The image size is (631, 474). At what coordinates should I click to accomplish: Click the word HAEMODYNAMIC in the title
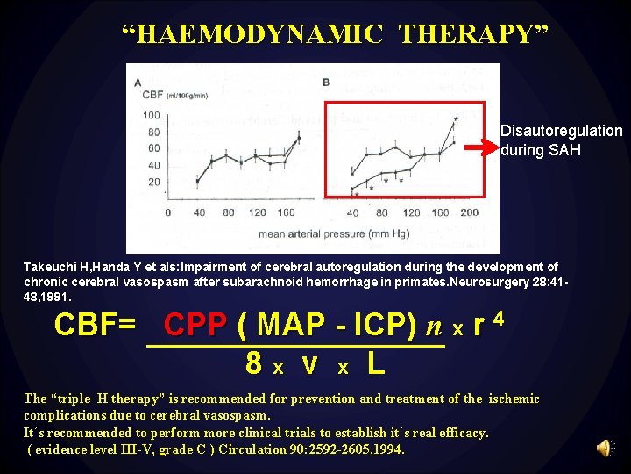[x=260, y=34]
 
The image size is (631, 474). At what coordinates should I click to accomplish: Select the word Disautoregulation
[x=561, y=131]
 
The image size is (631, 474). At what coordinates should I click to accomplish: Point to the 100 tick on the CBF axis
[x=151, y=116]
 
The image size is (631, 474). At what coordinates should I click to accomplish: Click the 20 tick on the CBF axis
[x=154, y=182]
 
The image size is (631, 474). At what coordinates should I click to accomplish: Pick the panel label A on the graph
[x=138, y=83]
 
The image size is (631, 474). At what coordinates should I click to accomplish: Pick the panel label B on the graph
[x=326, y=83]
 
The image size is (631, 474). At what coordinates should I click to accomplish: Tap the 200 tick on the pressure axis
[x=469, y=213]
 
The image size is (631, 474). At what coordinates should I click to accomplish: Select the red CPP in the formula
[x=195, y=325]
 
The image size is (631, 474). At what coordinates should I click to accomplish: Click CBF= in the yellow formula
[x=95, y=325]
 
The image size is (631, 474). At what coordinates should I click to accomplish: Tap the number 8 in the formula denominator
[x=254, y=362]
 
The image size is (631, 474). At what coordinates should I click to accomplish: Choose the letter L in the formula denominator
[x=373, y=362]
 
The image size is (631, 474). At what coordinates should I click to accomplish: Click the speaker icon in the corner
[x=605, y=449]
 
